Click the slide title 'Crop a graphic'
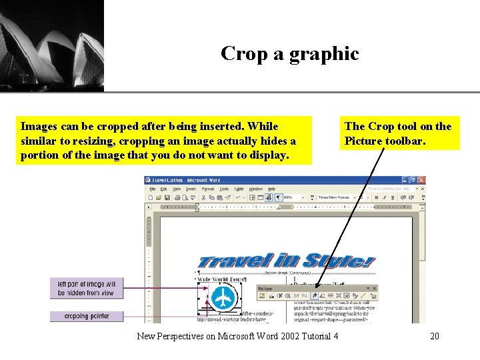point(289,53)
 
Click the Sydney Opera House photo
point(52,45)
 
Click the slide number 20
point(434,336)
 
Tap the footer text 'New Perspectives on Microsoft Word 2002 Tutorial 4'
point(237,336)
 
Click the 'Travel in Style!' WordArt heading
point(287,260)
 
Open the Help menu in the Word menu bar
point(271,189)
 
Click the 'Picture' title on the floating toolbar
point(265,289)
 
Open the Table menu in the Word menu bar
point(239,189)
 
